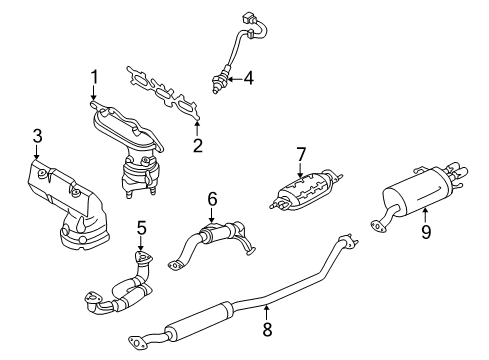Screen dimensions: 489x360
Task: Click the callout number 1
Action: click(x=95, y=77)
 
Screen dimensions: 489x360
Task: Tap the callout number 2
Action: click(x=198, y=145)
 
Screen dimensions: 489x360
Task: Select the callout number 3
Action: click(x=38, y=136)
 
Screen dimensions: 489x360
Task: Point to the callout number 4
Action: click(x=248, y=79)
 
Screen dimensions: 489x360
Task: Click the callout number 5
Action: click(x=142, y=229)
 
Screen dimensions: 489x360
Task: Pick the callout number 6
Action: click(x=212, y=199)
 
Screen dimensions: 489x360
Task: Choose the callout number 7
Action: click(x=301, y=154)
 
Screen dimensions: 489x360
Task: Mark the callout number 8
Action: click(x=267, y=329)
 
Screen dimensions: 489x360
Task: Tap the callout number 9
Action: click(x=426, y=231)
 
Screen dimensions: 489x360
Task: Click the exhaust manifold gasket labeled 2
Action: click(x=163, y=93)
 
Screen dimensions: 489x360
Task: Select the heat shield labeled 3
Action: click(x=68, y=204)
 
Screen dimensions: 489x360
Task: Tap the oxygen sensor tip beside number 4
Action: click(x=217, y=86)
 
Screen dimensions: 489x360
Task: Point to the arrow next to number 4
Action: click(x=235, y=79)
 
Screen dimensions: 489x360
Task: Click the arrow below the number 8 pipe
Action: click(x=266, y=313)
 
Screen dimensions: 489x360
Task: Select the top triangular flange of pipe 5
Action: click(x=143, y=258)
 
